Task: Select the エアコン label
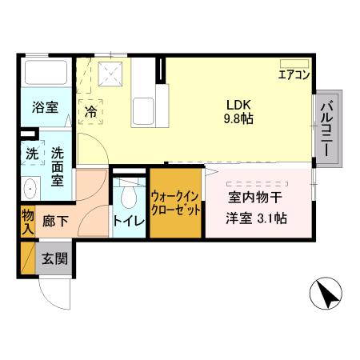tap(294, 76)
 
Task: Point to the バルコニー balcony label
tap(328, 128)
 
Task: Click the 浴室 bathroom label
tap(45, 107)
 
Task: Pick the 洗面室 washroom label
tap(58, 165)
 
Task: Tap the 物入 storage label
tap(26, 221)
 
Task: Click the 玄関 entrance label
tap(55, 258)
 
